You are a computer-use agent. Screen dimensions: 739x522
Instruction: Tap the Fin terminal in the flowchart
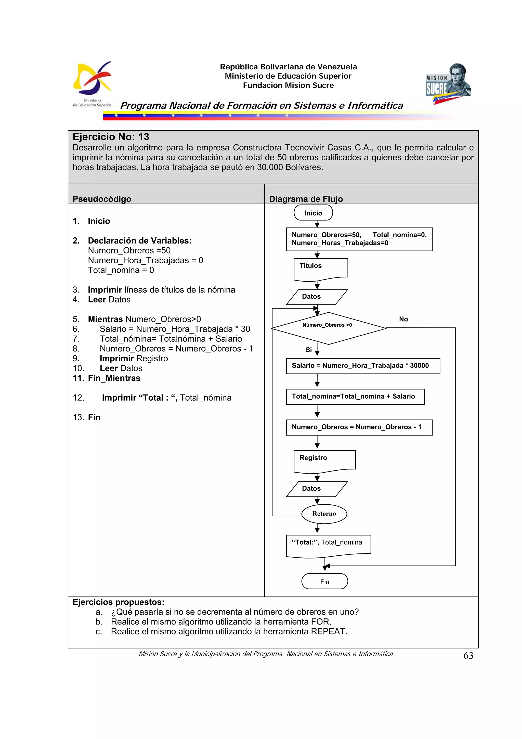324,581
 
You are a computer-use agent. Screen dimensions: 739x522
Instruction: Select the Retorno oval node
324,513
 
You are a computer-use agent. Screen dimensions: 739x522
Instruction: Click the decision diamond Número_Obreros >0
328,328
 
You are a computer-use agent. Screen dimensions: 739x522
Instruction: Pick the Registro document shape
324,461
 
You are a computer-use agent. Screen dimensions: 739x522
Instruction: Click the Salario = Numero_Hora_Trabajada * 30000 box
362,366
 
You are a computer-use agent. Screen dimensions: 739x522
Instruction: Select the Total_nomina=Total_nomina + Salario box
355,396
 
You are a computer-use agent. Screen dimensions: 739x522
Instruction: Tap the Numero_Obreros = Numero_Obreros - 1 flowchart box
359,427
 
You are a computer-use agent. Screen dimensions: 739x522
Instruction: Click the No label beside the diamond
403,319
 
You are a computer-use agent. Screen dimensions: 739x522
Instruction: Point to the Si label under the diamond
308,350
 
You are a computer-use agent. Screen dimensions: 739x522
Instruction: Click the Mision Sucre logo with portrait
448,83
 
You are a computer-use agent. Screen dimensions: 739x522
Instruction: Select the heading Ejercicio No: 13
111,137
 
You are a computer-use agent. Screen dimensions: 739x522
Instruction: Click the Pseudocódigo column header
102,199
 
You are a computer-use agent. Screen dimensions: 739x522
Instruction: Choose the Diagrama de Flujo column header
306,199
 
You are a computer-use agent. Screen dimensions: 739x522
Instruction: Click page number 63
468,655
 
